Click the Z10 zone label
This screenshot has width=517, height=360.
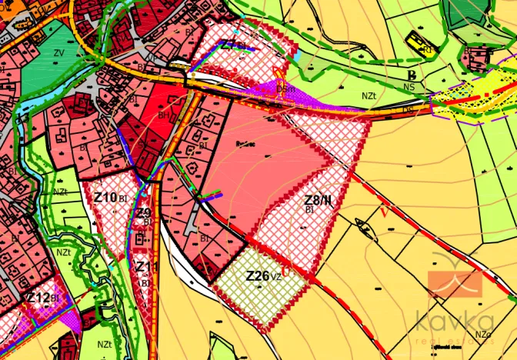pos(105,198)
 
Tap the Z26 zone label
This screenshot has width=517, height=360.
pos(258,275)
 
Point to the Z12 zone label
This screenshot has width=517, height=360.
pos(38,298)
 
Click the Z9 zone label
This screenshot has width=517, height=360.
pos(144,213)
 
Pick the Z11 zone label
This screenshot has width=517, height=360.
pos(145,267)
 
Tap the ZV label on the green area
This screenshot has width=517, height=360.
pos(58,53)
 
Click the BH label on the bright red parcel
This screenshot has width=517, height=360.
pos(164,115)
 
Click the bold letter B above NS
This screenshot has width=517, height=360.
pos(412,75)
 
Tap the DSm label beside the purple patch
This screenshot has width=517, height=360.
pos(287,91)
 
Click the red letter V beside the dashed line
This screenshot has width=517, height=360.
pos(382,210)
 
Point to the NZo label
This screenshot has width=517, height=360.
pos(483,335)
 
